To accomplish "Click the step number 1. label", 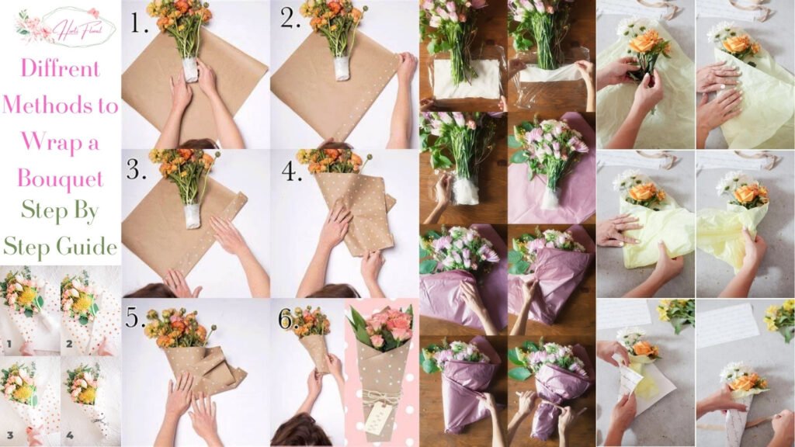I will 139,24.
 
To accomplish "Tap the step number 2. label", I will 290,21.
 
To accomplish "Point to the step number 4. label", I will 292,171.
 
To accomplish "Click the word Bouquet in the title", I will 60,180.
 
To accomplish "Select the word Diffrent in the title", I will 60,68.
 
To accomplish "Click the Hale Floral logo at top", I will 65,27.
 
